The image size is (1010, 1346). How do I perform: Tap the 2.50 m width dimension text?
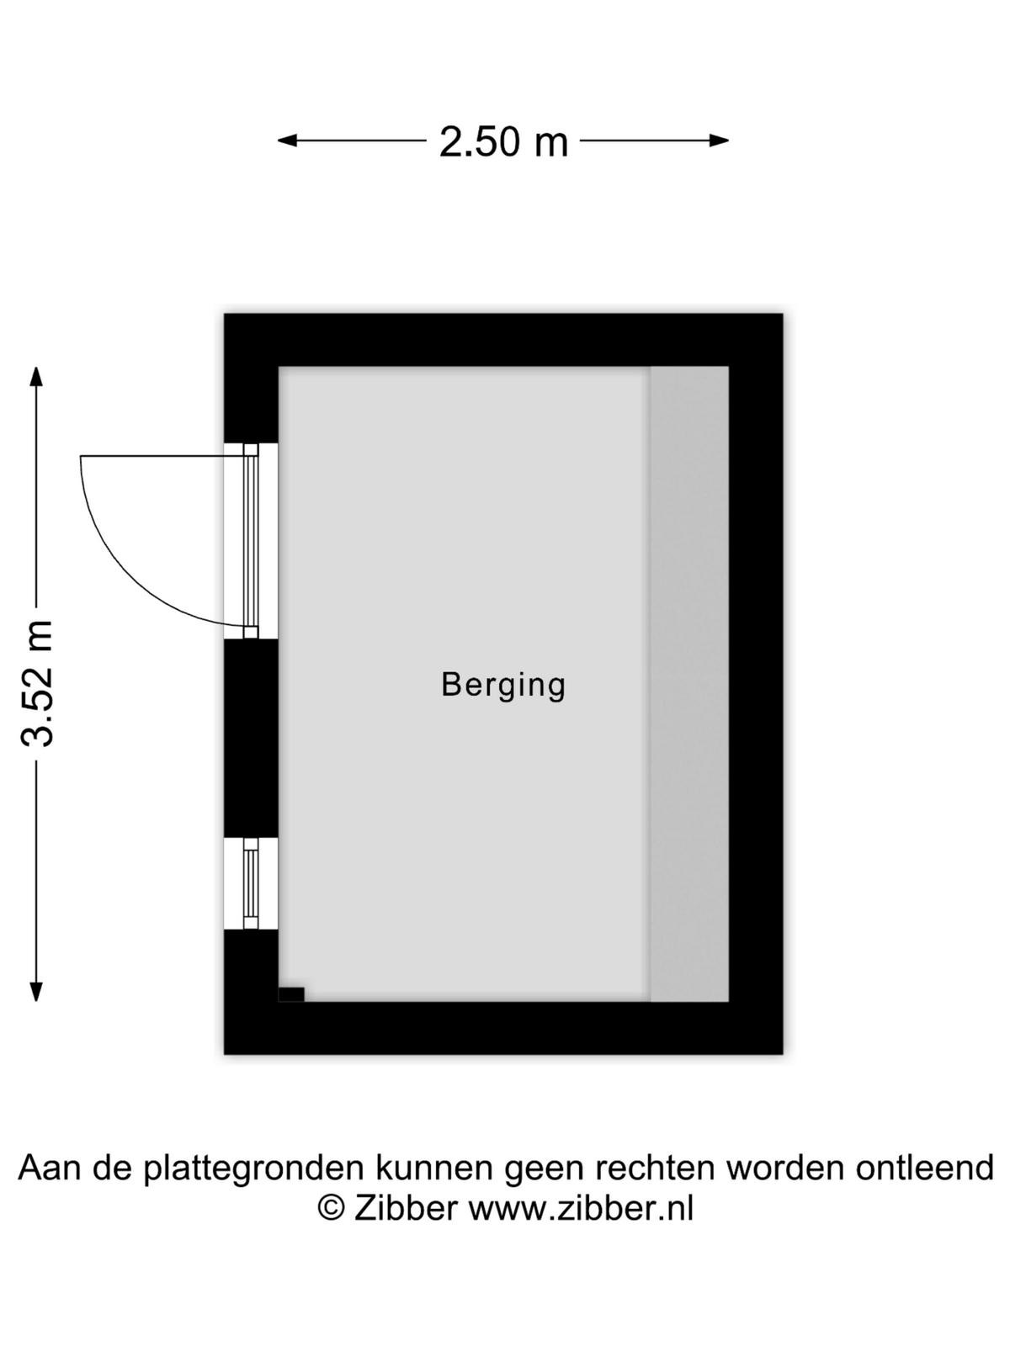[503, 141]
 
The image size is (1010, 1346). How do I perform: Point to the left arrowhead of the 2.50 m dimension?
[287, 141]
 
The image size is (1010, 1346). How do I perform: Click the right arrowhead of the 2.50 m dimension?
[720, 141]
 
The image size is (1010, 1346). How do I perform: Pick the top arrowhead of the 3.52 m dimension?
[36, 377]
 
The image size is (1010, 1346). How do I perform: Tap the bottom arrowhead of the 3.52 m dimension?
[36, 991]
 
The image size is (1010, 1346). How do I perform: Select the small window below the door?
[251, 883]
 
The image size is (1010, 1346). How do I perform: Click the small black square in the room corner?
[291, 994]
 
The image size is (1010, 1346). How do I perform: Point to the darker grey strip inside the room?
[689, 684]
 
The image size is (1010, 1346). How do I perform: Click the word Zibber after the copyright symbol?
[406, 1209]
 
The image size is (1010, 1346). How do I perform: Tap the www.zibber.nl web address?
[582, 1209]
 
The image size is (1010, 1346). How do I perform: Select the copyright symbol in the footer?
[331, 1209]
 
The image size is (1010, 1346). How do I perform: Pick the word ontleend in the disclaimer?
[925, 1167]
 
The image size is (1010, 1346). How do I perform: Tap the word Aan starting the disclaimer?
[50, 1167]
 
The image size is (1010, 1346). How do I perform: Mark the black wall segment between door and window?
[251, 739]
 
